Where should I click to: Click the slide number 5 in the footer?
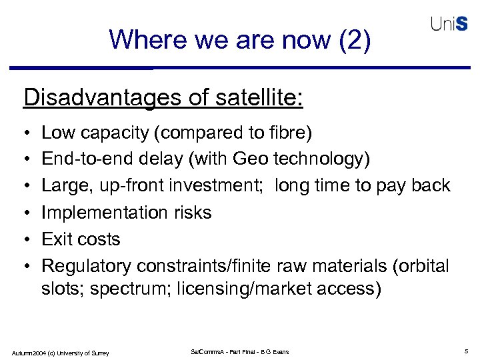[465, 351]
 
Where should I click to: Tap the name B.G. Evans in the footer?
[273, 351]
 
